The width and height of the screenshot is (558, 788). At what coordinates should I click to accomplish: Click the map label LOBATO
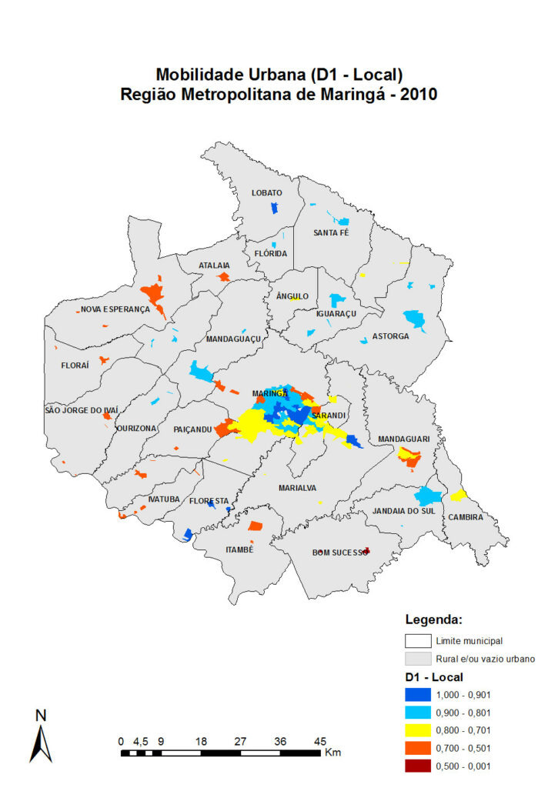click(x=267, y=192)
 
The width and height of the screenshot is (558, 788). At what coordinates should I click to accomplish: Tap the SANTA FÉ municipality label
click(x=331, y=232)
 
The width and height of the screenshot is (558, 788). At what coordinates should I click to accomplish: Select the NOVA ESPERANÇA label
click(x=115, y=309)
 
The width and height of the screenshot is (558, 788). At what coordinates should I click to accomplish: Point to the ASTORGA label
click(x=391, y=336)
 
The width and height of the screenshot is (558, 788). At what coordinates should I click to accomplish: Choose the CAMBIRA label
click(x=466, y=517)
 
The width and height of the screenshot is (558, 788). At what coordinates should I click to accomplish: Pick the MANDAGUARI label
click(x=403, y=439)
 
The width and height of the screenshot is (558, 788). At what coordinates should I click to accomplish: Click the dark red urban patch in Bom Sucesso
click(x=367, y=550)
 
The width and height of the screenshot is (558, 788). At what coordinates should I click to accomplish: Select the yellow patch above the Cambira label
click(x=459, y=495)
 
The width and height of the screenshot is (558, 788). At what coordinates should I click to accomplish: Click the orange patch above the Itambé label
click(x=256, y=527)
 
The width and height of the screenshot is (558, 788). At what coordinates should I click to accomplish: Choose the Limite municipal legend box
click(x=416, y=640)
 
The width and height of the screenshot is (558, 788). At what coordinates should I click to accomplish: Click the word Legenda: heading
click(x=433, y=619)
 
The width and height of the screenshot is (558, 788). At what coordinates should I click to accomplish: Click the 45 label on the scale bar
click(x=319, y=741)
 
